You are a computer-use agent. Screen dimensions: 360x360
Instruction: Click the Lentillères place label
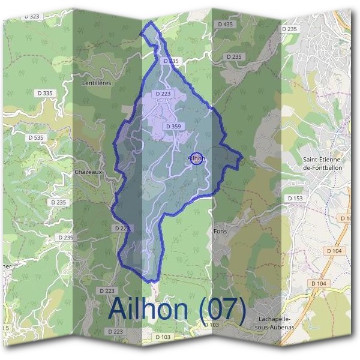[97, 83]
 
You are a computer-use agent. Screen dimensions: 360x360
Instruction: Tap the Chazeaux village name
[89, 172]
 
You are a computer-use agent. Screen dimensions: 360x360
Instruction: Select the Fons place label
[220, 230]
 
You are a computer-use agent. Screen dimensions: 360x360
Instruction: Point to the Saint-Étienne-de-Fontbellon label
[323, 164]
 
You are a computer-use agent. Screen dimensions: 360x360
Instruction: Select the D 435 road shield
[225, 24]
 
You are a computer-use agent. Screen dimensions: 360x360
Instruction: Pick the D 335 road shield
[44, 93]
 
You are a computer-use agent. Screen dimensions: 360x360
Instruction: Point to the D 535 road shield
[35, 137]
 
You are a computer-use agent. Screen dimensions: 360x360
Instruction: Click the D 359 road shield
[172, 126]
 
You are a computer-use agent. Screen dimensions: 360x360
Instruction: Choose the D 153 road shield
[295, 197]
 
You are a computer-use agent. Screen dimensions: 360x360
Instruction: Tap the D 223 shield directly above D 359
[163, 94]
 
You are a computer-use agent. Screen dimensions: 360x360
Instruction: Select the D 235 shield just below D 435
[233, 56]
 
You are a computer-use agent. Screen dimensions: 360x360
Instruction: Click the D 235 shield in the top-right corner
[289, 29]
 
